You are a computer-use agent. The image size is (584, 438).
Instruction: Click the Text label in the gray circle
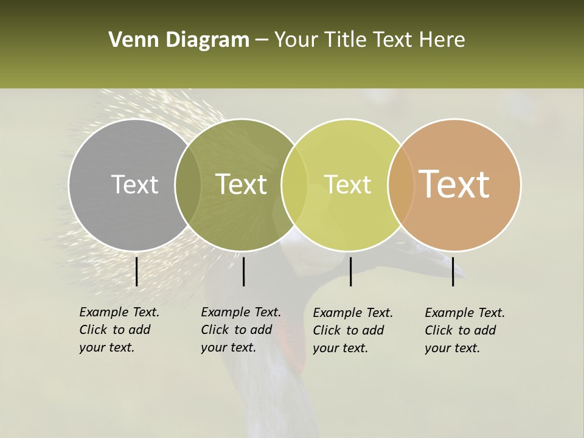pos(134,184)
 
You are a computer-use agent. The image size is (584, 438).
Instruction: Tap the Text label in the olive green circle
pos(241,184)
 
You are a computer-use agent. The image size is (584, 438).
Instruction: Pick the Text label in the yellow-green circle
pos(347,184)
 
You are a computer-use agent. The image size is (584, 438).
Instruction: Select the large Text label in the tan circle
pos(454,184)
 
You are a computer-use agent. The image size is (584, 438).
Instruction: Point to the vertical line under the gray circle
pos(136,271)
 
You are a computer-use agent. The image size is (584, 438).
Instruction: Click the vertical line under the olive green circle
pos(243,271)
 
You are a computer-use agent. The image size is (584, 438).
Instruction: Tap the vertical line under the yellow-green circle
pos(350,271)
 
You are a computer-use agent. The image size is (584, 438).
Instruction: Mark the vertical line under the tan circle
pos(453,271)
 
